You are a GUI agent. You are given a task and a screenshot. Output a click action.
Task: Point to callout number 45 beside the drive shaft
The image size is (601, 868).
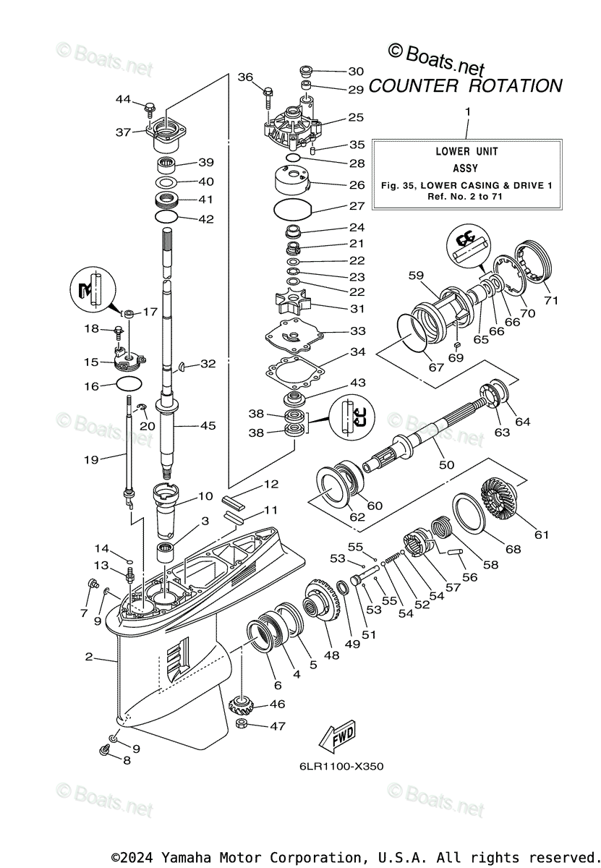click(208, 426)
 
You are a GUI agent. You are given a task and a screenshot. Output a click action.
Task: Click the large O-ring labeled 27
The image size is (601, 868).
click(294, 210)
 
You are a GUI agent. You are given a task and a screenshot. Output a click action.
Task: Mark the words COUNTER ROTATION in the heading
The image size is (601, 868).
click(465, 85)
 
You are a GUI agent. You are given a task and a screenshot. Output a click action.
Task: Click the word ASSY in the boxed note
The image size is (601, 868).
click(466, 168)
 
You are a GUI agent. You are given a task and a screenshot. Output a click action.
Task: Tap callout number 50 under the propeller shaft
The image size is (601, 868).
click(446, 464)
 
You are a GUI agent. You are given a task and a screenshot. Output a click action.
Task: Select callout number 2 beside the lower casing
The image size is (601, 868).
click(88, 657)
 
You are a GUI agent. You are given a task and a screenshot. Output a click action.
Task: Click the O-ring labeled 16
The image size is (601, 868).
click(129, 386)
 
